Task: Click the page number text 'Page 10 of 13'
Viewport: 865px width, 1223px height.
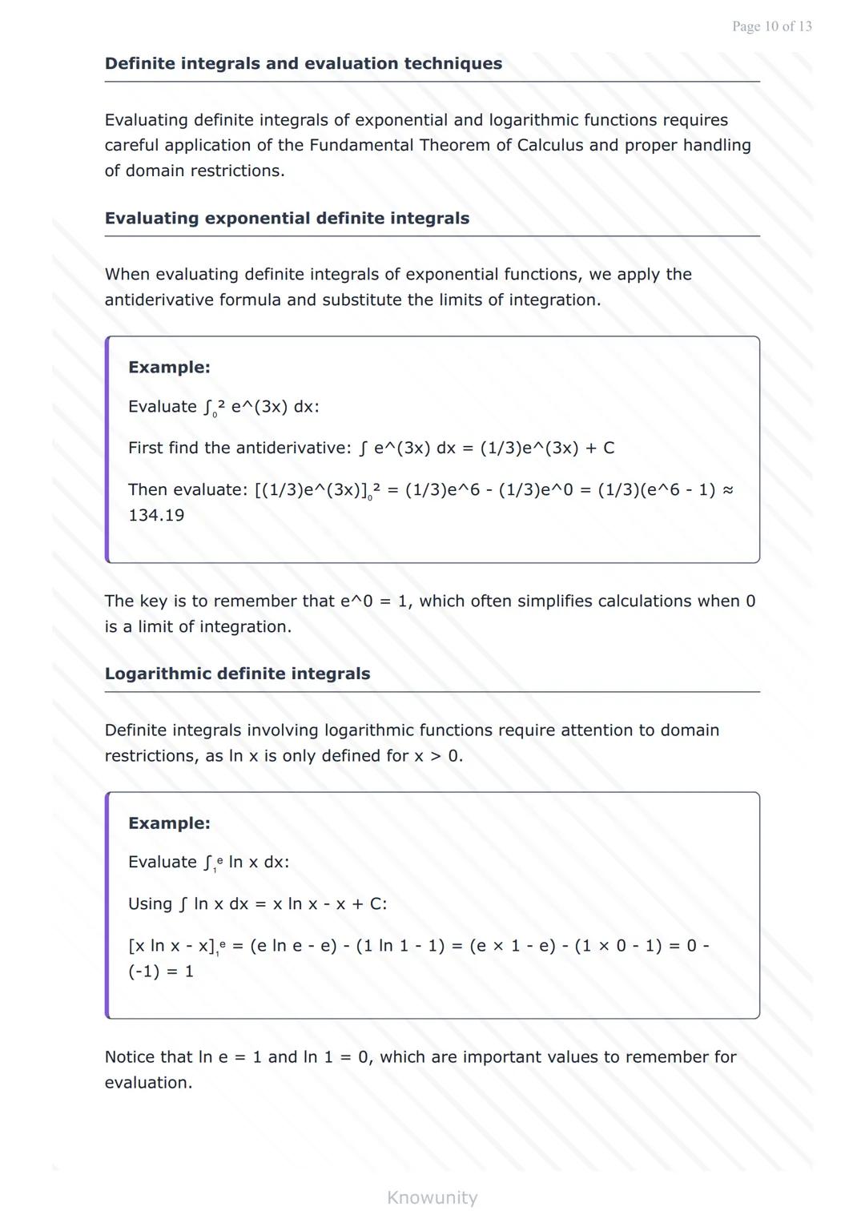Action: tap(771, 26)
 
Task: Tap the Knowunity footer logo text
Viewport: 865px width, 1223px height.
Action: tap(432, 1197)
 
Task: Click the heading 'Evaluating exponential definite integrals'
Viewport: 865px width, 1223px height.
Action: tap(287, 219)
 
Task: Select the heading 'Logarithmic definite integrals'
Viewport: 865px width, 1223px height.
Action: tap(237, 674)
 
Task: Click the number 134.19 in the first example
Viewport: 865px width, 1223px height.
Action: tap(156, 515)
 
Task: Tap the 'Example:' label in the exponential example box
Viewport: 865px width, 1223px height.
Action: tap(169, 368)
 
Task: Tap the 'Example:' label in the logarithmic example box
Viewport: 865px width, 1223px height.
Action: tap(169, 823)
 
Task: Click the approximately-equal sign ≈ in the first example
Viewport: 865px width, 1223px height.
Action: tap(727, 489)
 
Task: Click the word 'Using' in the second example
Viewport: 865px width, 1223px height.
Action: tap(150, 903)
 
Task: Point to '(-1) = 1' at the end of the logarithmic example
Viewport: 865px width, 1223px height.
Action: tap(161, 971)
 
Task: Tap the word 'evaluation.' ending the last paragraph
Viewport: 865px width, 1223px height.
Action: tap(148, 1082)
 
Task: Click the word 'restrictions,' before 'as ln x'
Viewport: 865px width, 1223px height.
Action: tap(151, 755)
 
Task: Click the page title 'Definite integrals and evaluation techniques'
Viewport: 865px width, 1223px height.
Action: tap(304, 64)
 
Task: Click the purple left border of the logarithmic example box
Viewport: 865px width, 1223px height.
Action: tap(107, 905)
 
